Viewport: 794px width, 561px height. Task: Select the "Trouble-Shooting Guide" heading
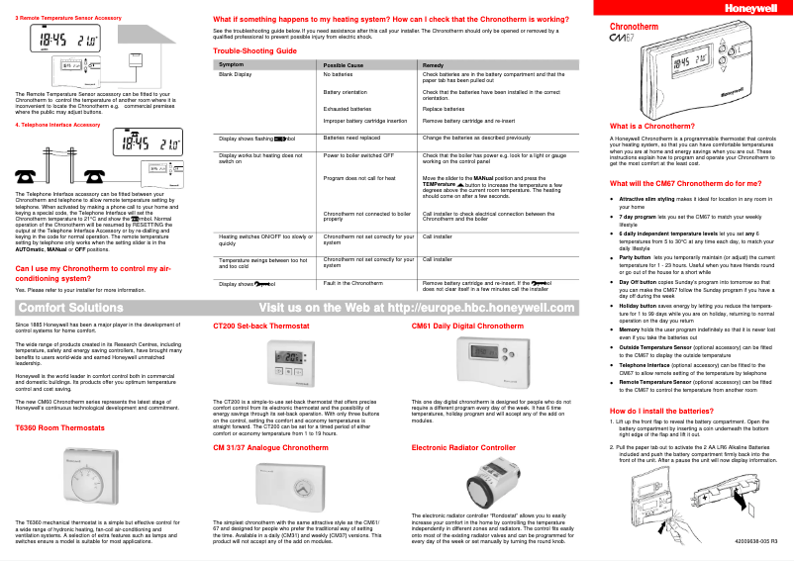(255, 49)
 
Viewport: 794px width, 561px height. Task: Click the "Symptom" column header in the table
(232, 64)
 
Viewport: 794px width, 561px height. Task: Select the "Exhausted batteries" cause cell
(347, 108)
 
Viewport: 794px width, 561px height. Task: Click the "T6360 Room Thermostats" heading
(59, 427)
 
